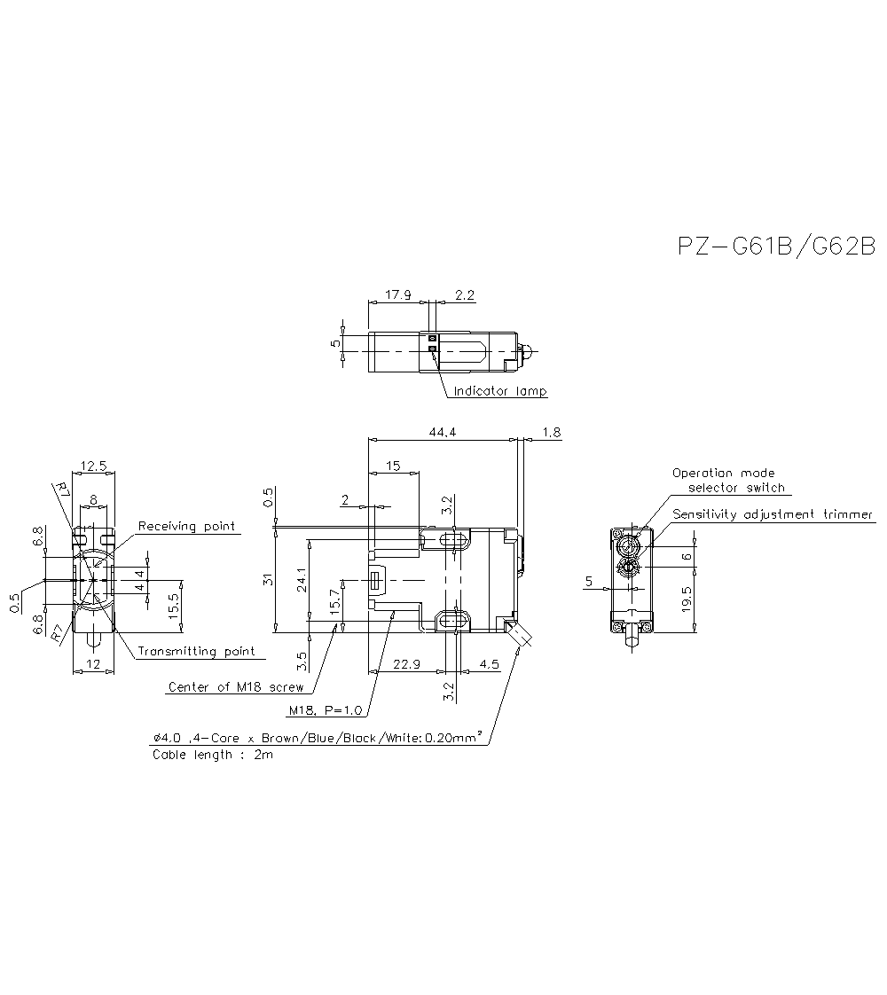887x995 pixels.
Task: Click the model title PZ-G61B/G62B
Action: (x=776, y=247)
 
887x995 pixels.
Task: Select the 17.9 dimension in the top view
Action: (x=397, y=296)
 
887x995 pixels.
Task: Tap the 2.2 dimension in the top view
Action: (x=464, y=296)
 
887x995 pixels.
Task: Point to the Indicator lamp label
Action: (x=500, y=391)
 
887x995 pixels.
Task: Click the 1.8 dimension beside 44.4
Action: (x=551, y=432)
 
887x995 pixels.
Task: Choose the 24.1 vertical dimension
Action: (x=302, y=582)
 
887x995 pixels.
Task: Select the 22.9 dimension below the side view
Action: (x=404, y=664)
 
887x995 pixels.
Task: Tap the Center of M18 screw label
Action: (x=236, y=686)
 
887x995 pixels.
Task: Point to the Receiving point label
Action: (x=187, y=526)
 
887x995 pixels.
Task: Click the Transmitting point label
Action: (x=196, y=651)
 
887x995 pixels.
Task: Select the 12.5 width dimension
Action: (x=93, y=466)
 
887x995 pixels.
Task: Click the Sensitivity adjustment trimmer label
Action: (x=773, y=514)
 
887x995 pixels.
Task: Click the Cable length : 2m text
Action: (x=213, y=755)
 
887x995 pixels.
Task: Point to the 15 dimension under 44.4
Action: (x=393, y=466)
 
